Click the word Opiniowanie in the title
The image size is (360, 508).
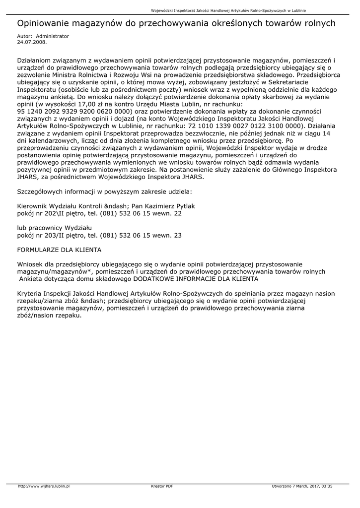point(44,23)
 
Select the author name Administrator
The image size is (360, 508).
point(53,37)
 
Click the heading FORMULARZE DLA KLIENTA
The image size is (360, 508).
point(60,250)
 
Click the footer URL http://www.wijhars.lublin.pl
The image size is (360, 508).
point(44,487)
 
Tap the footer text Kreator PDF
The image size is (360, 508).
point(162,487)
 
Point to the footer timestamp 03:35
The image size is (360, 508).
point(327,487)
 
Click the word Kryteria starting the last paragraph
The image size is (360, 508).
point(30,294)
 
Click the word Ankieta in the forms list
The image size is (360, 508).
point(32,279)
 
